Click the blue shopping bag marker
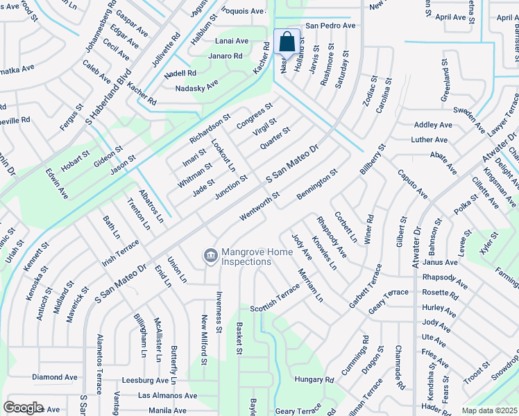[287, 43]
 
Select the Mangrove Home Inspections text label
[246, 257]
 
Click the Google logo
[23, 408]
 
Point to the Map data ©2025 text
[489, 410]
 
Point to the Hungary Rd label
[314, 379]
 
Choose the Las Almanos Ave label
[167, 395]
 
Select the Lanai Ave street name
[232, 41]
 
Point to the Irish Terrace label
[120, 252]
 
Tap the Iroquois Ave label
[243, 11]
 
